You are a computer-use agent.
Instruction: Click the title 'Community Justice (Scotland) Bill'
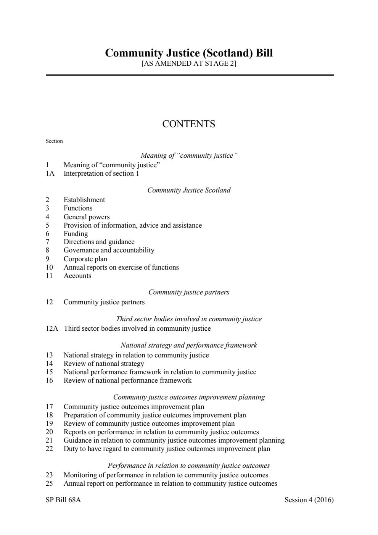[189, 53]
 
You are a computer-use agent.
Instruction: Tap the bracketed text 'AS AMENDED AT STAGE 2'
[189, 63]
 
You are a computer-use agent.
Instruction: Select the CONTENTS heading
[189, 124]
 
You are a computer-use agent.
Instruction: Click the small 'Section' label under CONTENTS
[54, 141]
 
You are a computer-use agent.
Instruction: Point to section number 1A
[50, 173]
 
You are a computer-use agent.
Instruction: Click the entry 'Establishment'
[84, 200]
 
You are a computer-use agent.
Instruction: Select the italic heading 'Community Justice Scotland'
[189, 190]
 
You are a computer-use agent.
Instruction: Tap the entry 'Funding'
[76, 234]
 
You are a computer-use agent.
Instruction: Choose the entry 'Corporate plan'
[85, 259]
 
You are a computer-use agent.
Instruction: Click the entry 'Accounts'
[77, 276]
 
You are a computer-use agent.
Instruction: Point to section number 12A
[52, 328]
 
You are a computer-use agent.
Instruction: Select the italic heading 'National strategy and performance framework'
[189, 345]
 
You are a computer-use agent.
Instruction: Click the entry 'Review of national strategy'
[104, 364]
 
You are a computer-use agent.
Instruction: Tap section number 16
[49, 380]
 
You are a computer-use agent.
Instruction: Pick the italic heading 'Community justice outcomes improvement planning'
[189, 397]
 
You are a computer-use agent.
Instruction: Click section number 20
[49, 432]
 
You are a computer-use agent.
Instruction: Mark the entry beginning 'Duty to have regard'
[167, 449]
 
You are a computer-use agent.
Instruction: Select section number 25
[49, 483]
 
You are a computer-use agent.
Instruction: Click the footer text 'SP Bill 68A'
[63, 500]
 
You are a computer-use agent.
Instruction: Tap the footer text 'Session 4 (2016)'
[309, 500]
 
